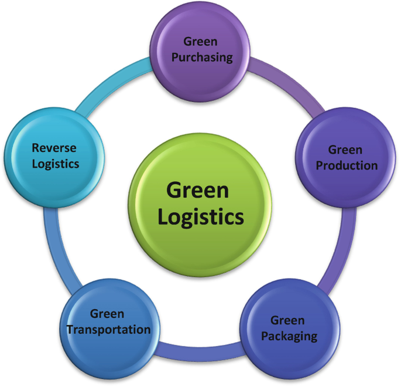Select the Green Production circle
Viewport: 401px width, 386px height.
coord(346,157)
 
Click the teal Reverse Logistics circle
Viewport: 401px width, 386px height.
coord(54,156)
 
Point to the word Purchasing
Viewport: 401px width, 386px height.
coord(200,57)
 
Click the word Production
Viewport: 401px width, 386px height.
coord(347,165)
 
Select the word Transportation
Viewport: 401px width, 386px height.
coord(108,330)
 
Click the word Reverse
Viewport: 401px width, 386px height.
coord(54,148)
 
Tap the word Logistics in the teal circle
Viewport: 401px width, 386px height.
coord(55,164)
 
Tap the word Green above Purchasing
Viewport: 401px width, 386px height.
coord(200,42)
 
